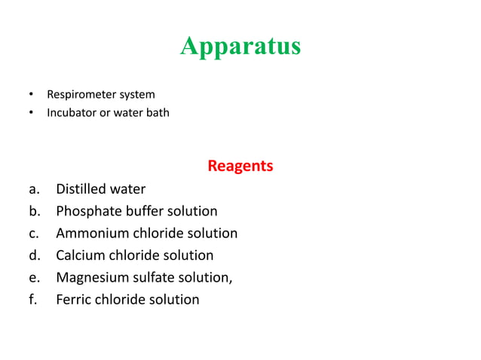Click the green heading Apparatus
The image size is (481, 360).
click(240, 47)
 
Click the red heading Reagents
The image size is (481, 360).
click(240, 165)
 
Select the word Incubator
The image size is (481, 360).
click(72, 113)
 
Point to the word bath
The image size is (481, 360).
click(158, 113)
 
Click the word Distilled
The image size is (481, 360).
click(84, 189)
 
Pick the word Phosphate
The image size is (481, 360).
click(89, 211)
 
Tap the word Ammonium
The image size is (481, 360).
click(90, 233)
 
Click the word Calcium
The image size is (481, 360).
click(80, 255)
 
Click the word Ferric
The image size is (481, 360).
click(74, 300)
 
